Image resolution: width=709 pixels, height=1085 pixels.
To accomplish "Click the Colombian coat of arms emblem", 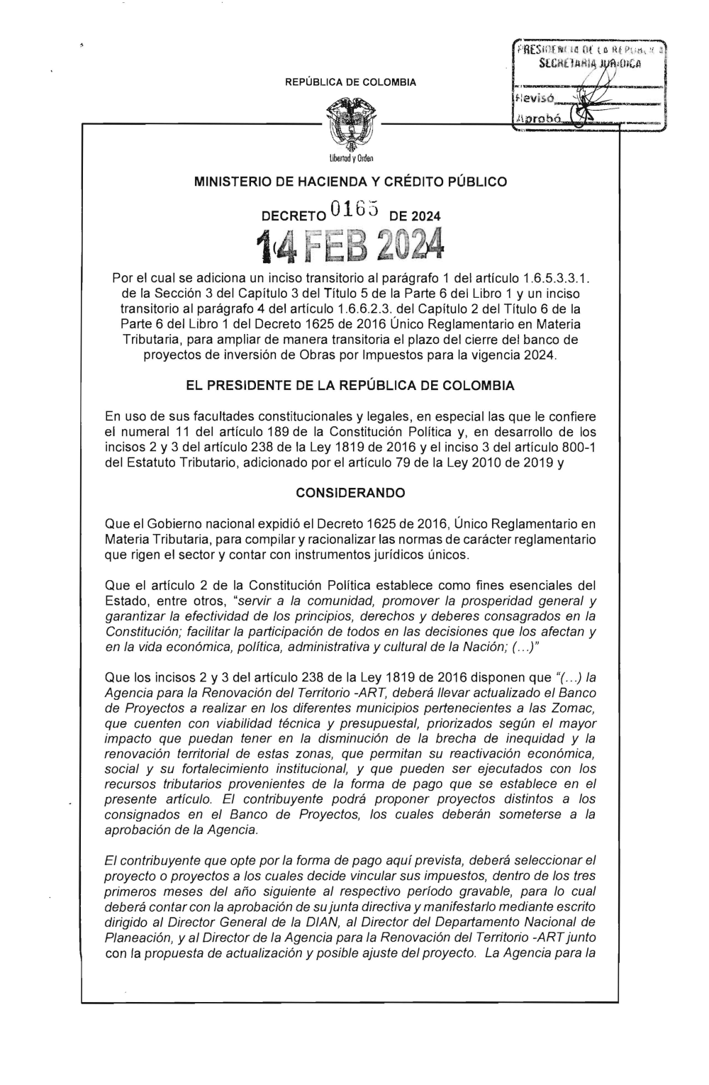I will coord(350,126).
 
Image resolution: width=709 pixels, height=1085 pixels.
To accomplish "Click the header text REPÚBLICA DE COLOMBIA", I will coord(350,83).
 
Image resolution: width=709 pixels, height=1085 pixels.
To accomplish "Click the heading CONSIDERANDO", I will coord(350,492).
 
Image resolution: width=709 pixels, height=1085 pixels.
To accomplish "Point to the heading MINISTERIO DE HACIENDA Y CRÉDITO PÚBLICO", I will coord(350,182).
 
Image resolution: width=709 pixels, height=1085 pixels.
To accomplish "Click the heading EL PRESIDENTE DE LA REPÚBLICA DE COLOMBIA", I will coord(350,387).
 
